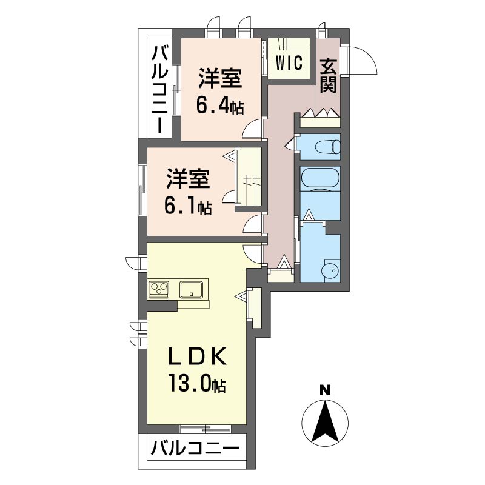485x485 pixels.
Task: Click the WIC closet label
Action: (x=289, y=63)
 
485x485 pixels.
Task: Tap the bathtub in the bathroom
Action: (x=321, y=179)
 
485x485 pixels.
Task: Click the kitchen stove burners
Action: (x=160, y=289)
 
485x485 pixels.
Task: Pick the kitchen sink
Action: (x=193, y=289)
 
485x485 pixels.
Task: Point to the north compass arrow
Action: (x=325, y=422)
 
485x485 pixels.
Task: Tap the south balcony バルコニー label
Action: (x=195, y=450)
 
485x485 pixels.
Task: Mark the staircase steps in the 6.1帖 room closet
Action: (x=251, y=180)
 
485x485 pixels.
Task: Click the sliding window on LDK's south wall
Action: (x=206, y=429)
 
